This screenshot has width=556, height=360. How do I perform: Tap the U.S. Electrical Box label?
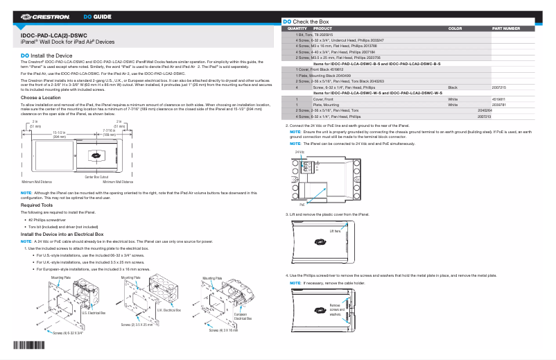[94, 313]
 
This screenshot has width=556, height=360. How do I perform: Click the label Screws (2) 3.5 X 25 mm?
[138, 325]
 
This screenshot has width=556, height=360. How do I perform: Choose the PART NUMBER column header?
[505, 28]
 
